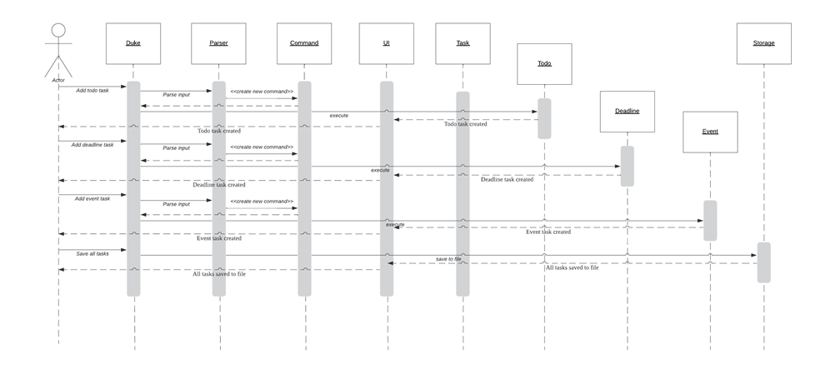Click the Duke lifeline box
[x=133, y=43]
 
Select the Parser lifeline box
[x=218, y=43]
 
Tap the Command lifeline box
[x=303, y=43]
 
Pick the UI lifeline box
[x=386, y=43]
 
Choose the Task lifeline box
[x=463, y=43]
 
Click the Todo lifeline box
[x=544, y=63]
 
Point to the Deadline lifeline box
[x=627, y=112]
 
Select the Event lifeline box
[x=710, y=132]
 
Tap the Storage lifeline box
[x=763, y=43]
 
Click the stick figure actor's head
[x=58, y=31]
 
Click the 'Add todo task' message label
[x=92, y=90]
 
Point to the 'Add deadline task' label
[x=92, y=144]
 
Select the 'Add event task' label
[x=92, y=198]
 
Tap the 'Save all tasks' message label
[x=92, y=252]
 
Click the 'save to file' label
[x=448, y=259]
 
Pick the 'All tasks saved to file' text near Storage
[x=572, y=267]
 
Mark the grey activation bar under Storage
[x=763, y=262]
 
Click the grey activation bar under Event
[x=710, y=220]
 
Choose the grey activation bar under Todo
[x=544, y=118]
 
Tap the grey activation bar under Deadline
[x=627, y=166]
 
